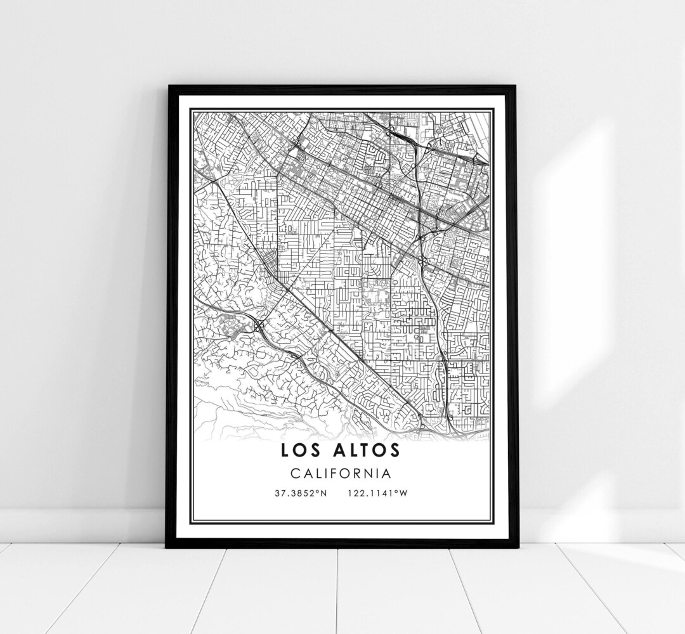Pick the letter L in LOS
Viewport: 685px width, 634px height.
click(x=284, y=450)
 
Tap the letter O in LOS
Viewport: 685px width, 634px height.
click(x=299, y=450)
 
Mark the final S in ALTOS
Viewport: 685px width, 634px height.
click(x=395, y=450)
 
